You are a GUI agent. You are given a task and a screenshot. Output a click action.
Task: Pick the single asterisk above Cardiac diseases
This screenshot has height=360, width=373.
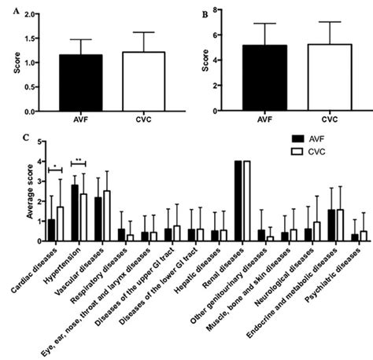tap(54, 166)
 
